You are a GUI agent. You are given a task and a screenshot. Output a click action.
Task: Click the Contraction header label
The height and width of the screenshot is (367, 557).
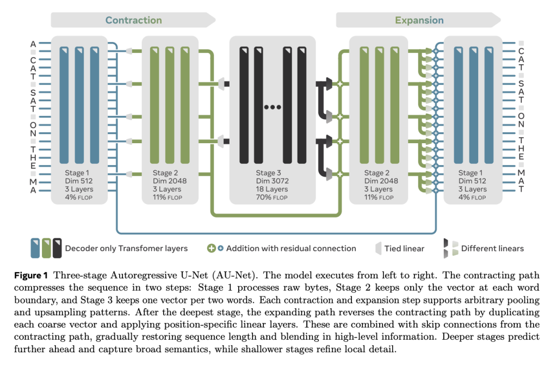pos(133,21)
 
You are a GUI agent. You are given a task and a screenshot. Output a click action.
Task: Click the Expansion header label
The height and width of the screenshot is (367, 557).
pos(419,21)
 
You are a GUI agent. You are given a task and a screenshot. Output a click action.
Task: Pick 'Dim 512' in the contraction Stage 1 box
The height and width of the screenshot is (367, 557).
pos(79,181)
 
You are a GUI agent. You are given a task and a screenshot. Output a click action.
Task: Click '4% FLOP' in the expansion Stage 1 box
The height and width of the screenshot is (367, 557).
pos(472,197)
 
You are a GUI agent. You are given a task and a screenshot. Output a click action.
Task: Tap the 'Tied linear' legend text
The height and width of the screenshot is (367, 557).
pos(404,248)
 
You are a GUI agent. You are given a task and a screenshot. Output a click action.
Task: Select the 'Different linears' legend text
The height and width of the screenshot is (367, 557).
pos(492,248)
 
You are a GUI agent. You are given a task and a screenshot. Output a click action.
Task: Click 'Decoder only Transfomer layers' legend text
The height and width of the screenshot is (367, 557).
pos(126,248)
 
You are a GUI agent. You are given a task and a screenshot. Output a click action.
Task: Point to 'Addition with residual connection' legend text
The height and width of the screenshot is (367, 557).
pos(291,248)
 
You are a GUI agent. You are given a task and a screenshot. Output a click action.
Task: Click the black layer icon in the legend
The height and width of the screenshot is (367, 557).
pos(57,248)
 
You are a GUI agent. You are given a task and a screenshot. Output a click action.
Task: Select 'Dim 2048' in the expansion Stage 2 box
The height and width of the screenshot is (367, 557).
pos(381,181)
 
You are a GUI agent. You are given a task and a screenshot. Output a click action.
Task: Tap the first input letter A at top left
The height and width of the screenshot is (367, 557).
pos(33,44)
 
